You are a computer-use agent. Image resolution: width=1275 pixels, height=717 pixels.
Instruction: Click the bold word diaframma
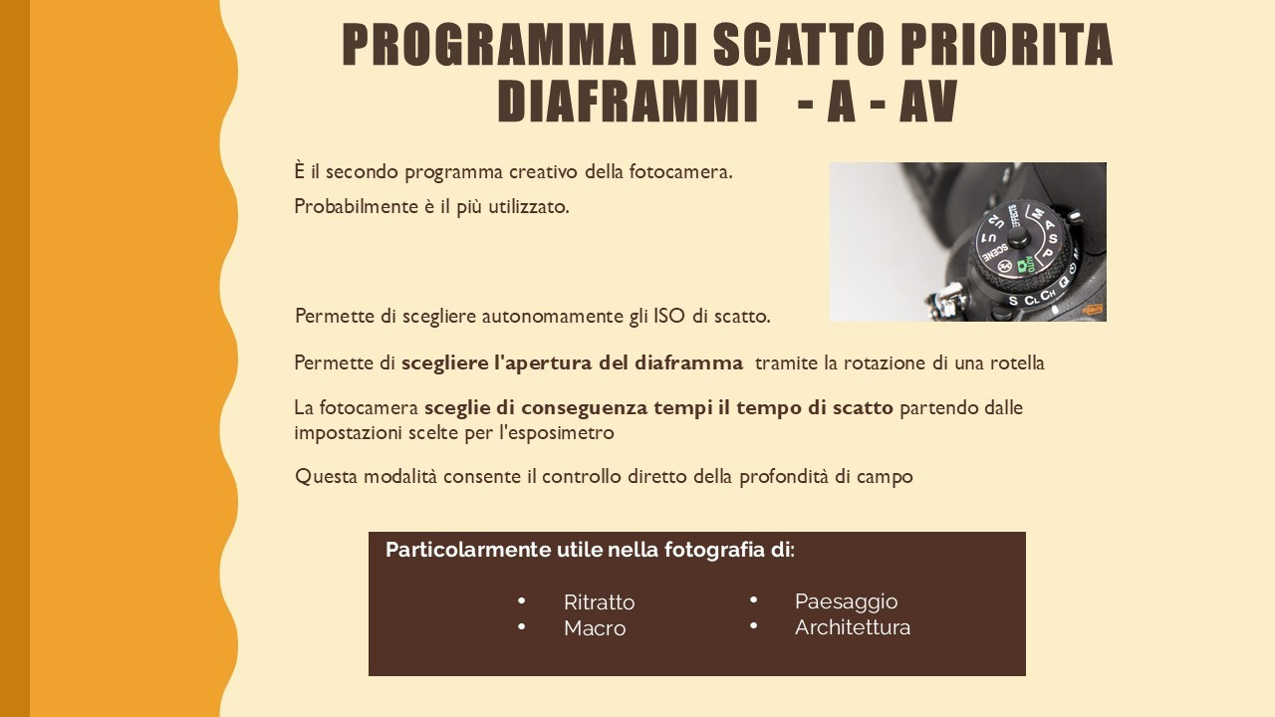(688, 363)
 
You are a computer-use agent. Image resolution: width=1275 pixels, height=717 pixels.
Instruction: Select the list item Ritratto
(599, 602)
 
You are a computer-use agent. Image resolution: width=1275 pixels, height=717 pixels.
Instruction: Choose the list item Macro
(595, 628)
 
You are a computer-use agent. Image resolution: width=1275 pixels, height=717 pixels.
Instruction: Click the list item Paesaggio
(846, 601)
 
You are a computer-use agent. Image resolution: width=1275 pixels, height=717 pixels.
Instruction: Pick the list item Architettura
(853, 627)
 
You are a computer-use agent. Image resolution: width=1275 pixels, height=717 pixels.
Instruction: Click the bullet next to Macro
(522, 626)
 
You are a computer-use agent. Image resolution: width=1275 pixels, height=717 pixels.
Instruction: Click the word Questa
(326, 477)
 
